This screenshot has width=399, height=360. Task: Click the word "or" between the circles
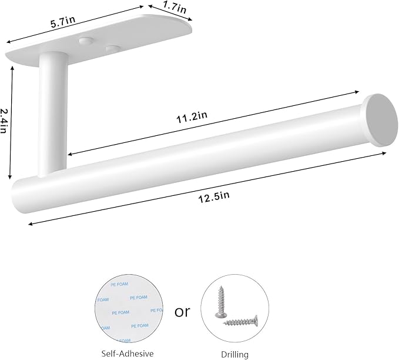[183, 311]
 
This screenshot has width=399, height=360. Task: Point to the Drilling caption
[235, 354]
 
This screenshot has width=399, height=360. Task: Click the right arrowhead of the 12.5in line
[384, 153]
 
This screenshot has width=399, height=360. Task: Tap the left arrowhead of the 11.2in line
[69, 155]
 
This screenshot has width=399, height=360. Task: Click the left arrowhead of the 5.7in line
[8, 42]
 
